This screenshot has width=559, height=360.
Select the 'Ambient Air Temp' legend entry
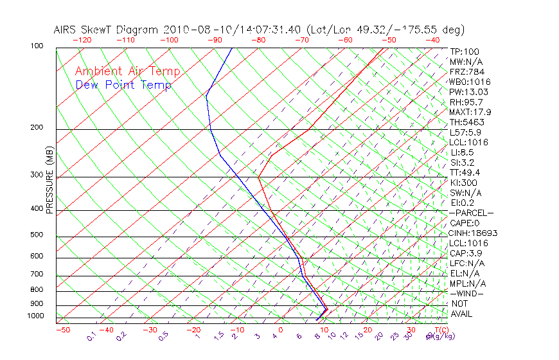[x=127, y=71]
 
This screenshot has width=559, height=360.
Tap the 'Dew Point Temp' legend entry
[x=123, y=85]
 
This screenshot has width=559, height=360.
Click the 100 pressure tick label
[x=37, y=46]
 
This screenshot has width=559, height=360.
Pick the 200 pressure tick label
[x=37, y=128]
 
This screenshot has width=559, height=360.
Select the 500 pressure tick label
[x=37, y=235]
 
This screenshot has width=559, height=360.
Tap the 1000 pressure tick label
[x=35, y=316]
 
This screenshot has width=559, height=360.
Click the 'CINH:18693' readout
[x=474, y=233]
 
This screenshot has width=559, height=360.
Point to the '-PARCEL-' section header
[x=471, y=213]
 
